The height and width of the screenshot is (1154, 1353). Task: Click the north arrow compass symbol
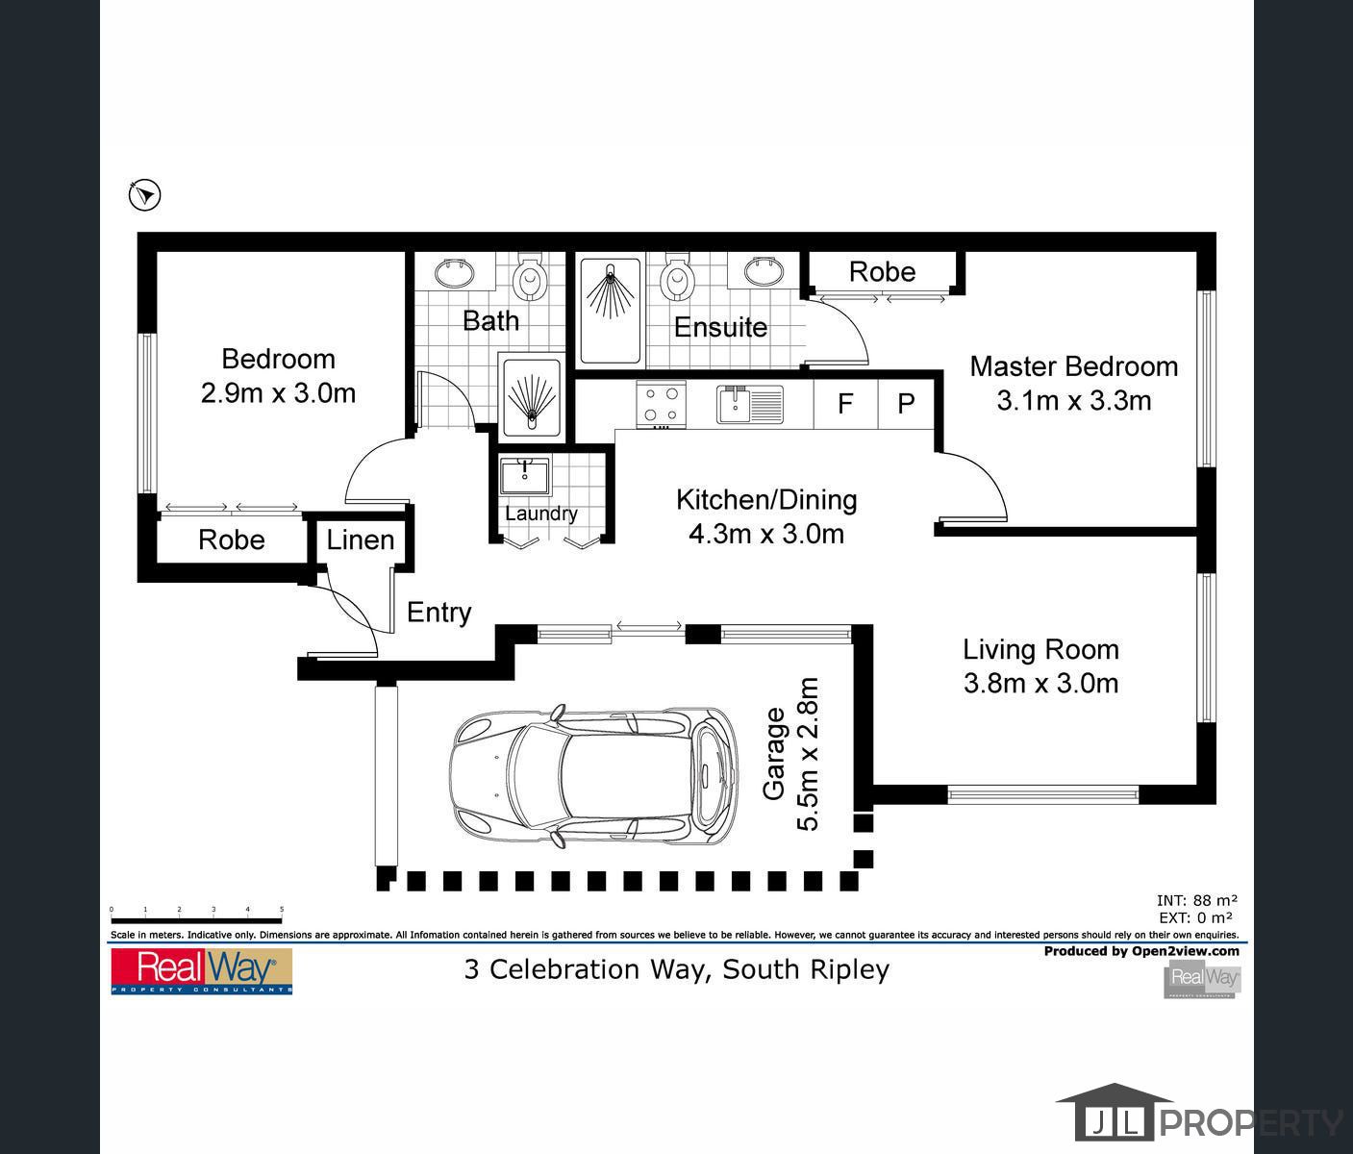(144, 195)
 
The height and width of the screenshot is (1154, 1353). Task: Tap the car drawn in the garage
(594, 777)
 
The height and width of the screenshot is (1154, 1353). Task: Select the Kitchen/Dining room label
(765, 500)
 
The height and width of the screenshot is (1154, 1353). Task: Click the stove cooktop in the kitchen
(661, 404)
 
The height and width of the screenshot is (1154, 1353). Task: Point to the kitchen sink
(749, 404)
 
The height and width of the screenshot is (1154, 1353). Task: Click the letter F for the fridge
(845, 404)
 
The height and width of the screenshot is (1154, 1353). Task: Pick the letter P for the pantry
(906, 404)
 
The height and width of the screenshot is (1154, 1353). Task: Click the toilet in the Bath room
(528, 278)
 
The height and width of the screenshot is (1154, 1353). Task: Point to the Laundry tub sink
(524, 474)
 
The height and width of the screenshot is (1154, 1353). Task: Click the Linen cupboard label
(361, 540)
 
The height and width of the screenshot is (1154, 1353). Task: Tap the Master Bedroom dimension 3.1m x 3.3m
(1073, 401)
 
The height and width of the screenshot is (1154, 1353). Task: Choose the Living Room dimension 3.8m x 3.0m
(1040, 684)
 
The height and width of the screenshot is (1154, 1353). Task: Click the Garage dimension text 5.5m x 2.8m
(808, 755)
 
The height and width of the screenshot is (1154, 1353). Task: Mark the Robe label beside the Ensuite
(882, 272)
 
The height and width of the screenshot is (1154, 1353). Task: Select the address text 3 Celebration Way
(676, 969)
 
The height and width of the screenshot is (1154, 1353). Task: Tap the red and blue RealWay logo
(201, 970)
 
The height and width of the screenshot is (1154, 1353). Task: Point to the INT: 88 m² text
(1196, 901)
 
